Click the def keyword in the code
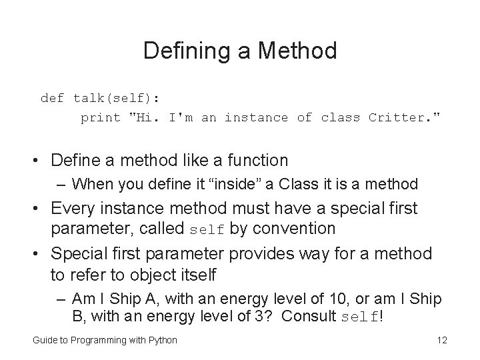coord(52,99)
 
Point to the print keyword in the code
coord(100,118)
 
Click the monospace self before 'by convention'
coord(207,229)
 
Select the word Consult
coord(309,316)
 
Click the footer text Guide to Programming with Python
coord(105,340)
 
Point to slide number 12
coord(441,340)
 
